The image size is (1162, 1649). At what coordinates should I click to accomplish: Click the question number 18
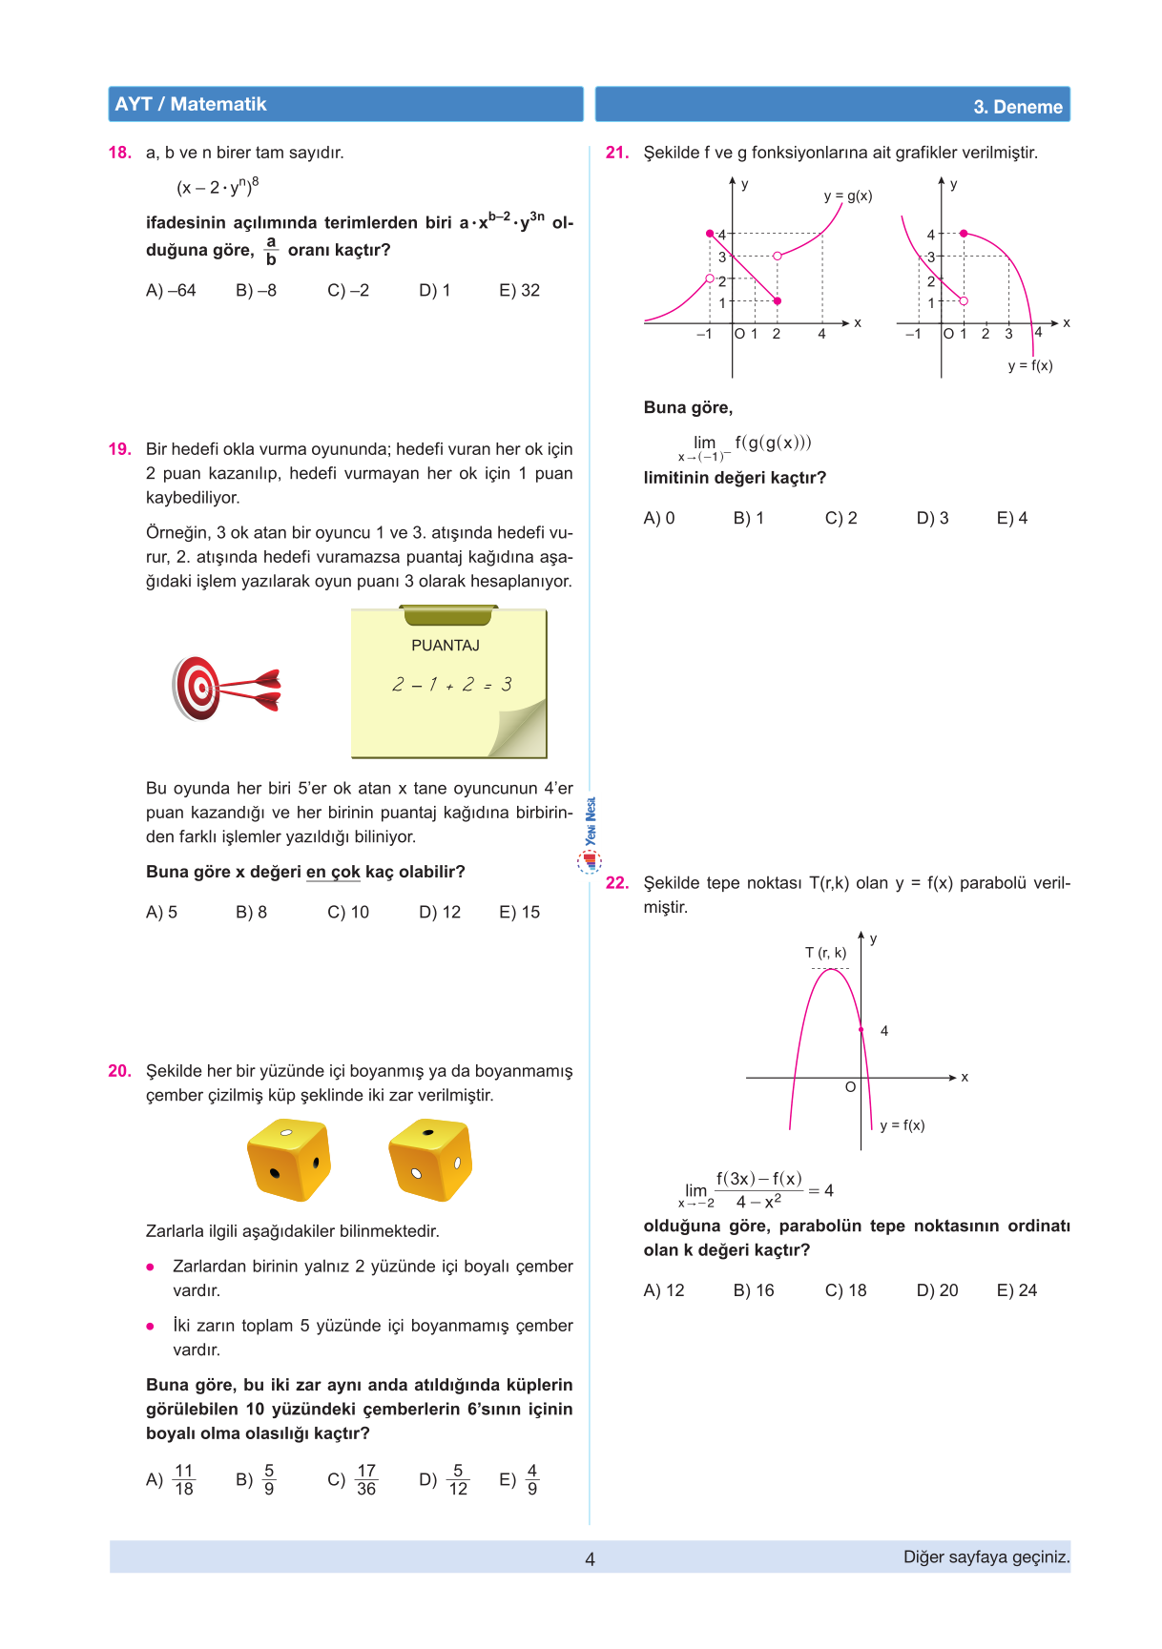point(119,153)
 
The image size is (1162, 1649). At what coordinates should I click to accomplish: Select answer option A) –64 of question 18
point(171,291)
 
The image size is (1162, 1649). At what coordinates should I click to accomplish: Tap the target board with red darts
point(223,688)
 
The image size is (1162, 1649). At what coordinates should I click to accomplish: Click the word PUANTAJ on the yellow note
point(446,646)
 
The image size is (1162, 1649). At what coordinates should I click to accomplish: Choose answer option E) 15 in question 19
point(519,913)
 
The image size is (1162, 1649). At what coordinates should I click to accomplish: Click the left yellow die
point(288,1160)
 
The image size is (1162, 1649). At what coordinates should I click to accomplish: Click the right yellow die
point(430,1160)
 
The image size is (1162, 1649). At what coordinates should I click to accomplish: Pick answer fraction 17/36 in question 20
point(365,1480)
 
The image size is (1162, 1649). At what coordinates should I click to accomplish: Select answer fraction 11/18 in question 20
point(183,1480)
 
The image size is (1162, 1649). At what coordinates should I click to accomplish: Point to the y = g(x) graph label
point(848,196)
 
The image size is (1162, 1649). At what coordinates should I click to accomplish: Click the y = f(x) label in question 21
point(1030,365)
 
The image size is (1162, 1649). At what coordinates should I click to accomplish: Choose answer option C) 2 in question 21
point(840,519)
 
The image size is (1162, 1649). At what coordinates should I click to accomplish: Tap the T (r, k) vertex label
point(825,953)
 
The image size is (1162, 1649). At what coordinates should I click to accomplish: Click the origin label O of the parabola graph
point(850,1087)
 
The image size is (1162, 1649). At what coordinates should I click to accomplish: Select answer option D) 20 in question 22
point(937,1291)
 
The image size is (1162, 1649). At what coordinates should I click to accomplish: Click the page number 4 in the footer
point(590,1559)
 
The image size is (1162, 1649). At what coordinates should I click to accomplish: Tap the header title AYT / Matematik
point(191,105)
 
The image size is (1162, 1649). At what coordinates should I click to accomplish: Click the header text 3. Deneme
point(1017,107)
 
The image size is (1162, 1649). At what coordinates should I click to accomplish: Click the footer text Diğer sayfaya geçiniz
point(986,1557)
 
